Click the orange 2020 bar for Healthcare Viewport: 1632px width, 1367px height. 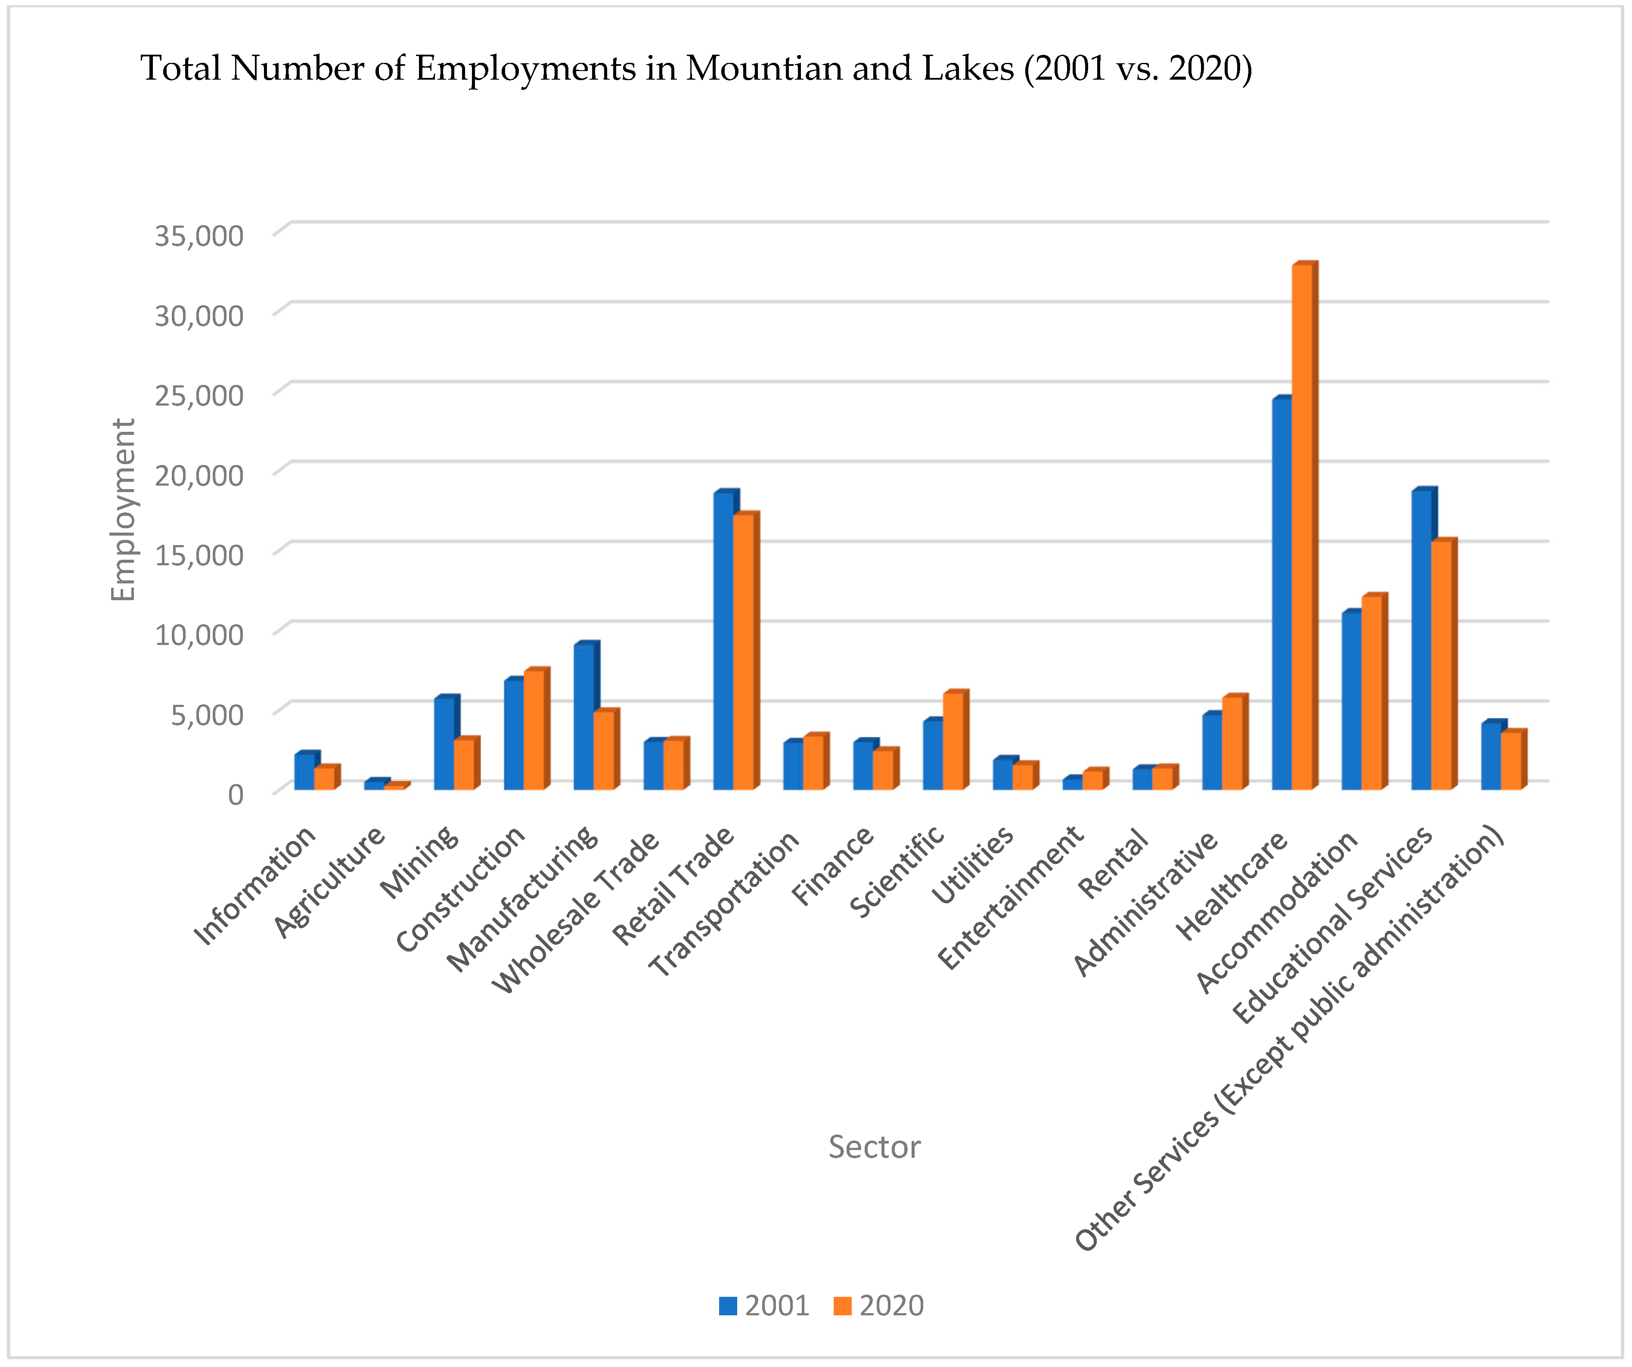[1303, 528]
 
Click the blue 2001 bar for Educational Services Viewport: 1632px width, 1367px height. [1421, 641]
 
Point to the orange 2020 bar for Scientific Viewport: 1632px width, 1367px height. [953, 742]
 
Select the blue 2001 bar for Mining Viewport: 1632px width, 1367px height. [444, 744]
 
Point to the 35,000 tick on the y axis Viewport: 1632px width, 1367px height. [199, 236]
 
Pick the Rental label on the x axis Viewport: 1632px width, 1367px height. [1113, 863]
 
